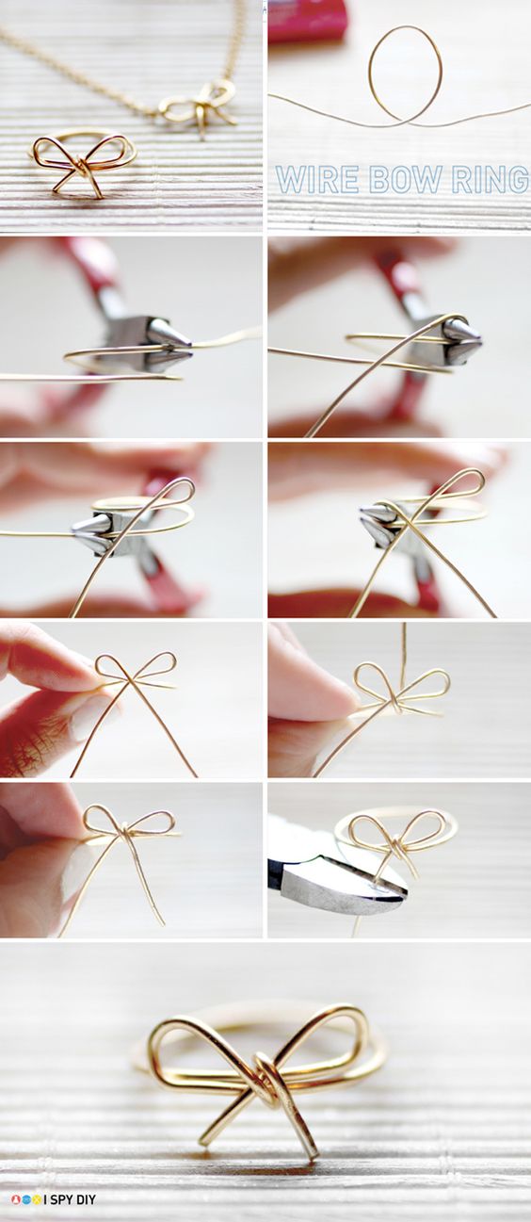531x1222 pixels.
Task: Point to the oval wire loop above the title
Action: click(x=404, y=73)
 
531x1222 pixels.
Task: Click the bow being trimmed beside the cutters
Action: click(x=395, y=840)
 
